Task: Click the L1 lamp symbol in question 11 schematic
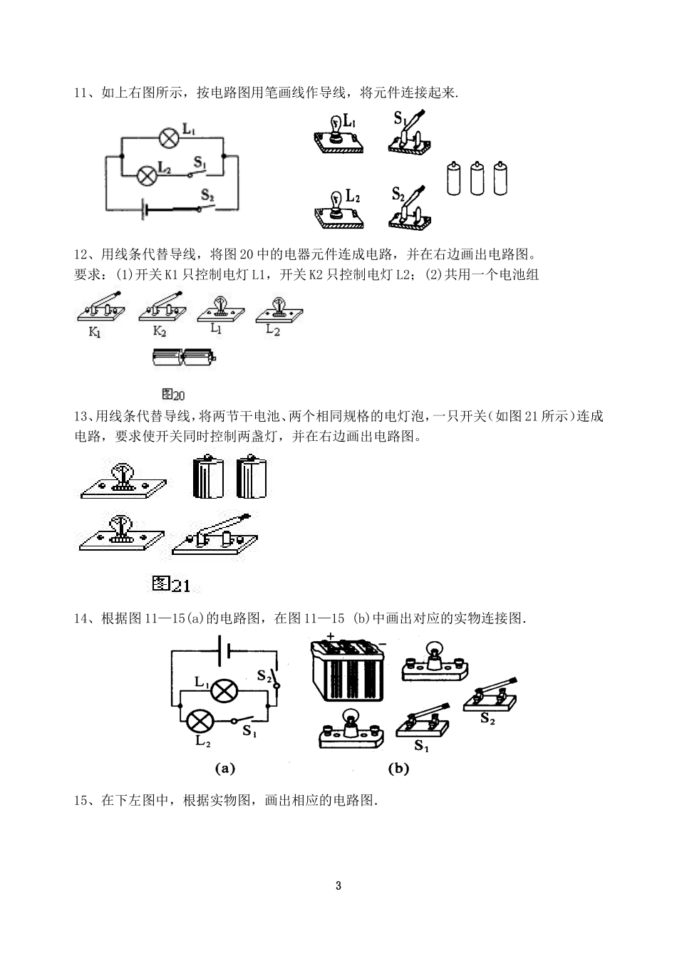tap(168, 137)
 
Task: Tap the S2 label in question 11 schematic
tap(207, 194)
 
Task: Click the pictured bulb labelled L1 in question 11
tap(338, 134)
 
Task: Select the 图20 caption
tap(173, 394)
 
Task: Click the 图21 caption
tap(172, 585)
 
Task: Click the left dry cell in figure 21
tap(207, 477)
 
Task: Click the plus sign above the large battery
tap(330, 637)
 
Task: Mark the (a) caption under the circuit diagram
tap(224, 768)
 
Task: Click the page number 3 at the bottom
tap(338, 886)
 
